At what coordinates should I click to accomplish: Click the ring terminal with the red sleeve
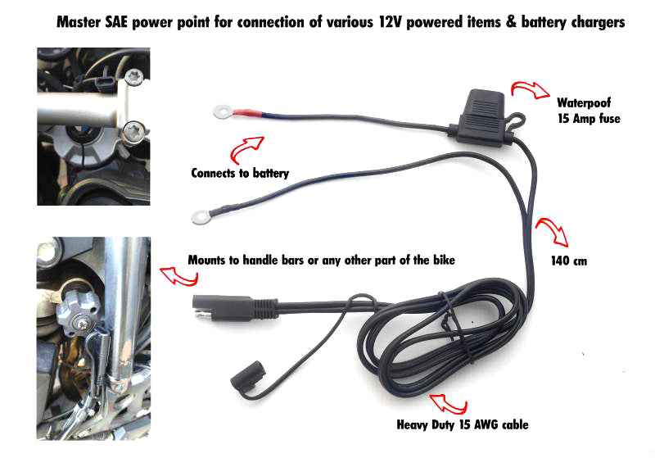click(x=221, y=111)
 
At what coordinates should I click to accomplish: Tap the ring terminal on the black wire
click(x=201, y=217)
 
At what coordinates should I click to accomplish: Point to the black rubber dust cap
click(x=249, y=374)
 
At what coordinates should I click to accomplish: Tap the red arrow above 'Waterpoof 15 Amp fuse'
click(x=530, y=89)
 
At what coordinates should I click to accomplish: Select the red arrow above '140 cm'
click(x=553, y=231)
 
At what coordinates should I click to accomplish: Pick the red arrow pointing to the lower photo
click(x=178, y=276)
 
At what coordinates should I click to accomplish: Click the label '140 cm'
click(x=569, y=261)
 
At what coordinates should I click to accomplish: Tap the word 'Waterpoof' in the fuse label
click(x=584, y=102)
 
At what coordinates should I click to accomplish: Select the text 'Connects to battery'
click(x=240, y=173)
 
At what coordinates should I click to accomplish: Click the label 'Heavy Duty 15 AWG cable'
click(x=463, y=425)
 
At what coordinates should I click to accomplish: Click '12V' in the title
click(x=391, y=22)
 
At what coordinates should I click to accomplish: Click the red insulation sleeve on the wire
click(x=248, y=113)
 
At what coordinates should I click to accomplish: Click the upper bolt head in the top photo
click(x=134, y=77)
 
